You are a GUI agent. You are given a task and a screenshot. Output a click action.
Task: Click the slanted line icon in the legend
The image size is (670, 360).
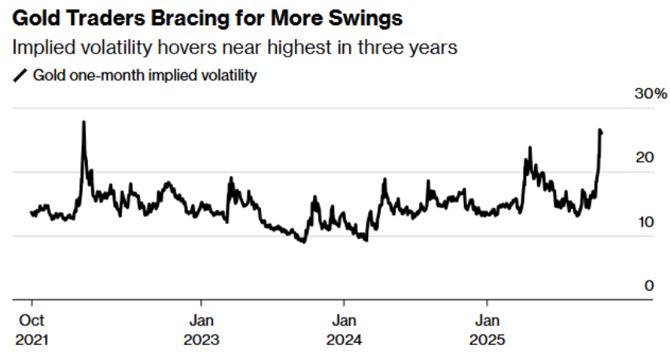click(x=20, y=75)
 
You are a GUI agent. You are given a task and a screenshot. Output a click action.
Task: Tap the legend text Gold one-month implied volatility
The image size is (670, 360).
click(x=145, y=75)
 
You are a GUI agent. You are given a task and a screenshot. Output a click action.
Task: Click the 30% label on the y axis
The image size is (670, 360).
click(x=650, y=94)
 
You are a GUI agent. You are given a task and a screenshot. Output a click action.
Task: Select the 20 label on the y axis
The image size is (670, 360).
click(x=645, y=157)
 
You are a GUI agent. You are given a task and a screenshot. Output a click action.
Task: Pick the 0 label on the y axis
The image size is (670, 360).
click(x=649, y=285)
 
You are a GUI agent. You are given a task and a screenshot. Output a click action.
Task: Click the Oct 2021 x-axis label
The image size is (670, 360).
click(x=31, y=330)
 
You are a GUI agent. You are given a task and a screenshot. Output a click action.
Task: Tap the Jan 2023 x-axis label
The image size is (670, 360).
click(x=201, y=330)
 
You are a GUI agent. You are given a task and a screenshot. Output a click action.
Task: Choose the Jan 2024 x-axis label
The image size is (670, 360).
click(x=344, y=330)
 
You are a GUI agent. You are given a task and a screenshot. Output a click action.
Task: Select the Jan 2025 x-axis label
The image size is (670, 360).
click(x=487, y=330)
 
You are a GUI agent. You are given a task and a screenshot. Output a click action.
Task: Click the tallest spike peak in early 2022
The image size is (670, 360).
click(x=83, y=122)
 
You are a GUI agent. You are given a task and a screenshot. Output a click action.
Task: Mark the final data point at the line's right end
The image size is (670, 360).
click(x=602, y=133)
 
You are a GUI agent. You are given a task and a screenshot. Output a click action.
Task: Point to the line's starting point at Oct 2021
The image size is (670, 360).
click(x=31, y=212)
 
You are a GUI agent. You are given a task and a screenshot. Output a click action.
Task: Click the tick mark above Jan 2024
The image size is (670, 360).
click(x=344, y=303)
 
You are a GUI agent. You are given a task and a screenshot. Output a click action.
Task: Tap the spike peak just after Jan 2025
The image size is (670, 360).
click(x=530, y=148)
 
